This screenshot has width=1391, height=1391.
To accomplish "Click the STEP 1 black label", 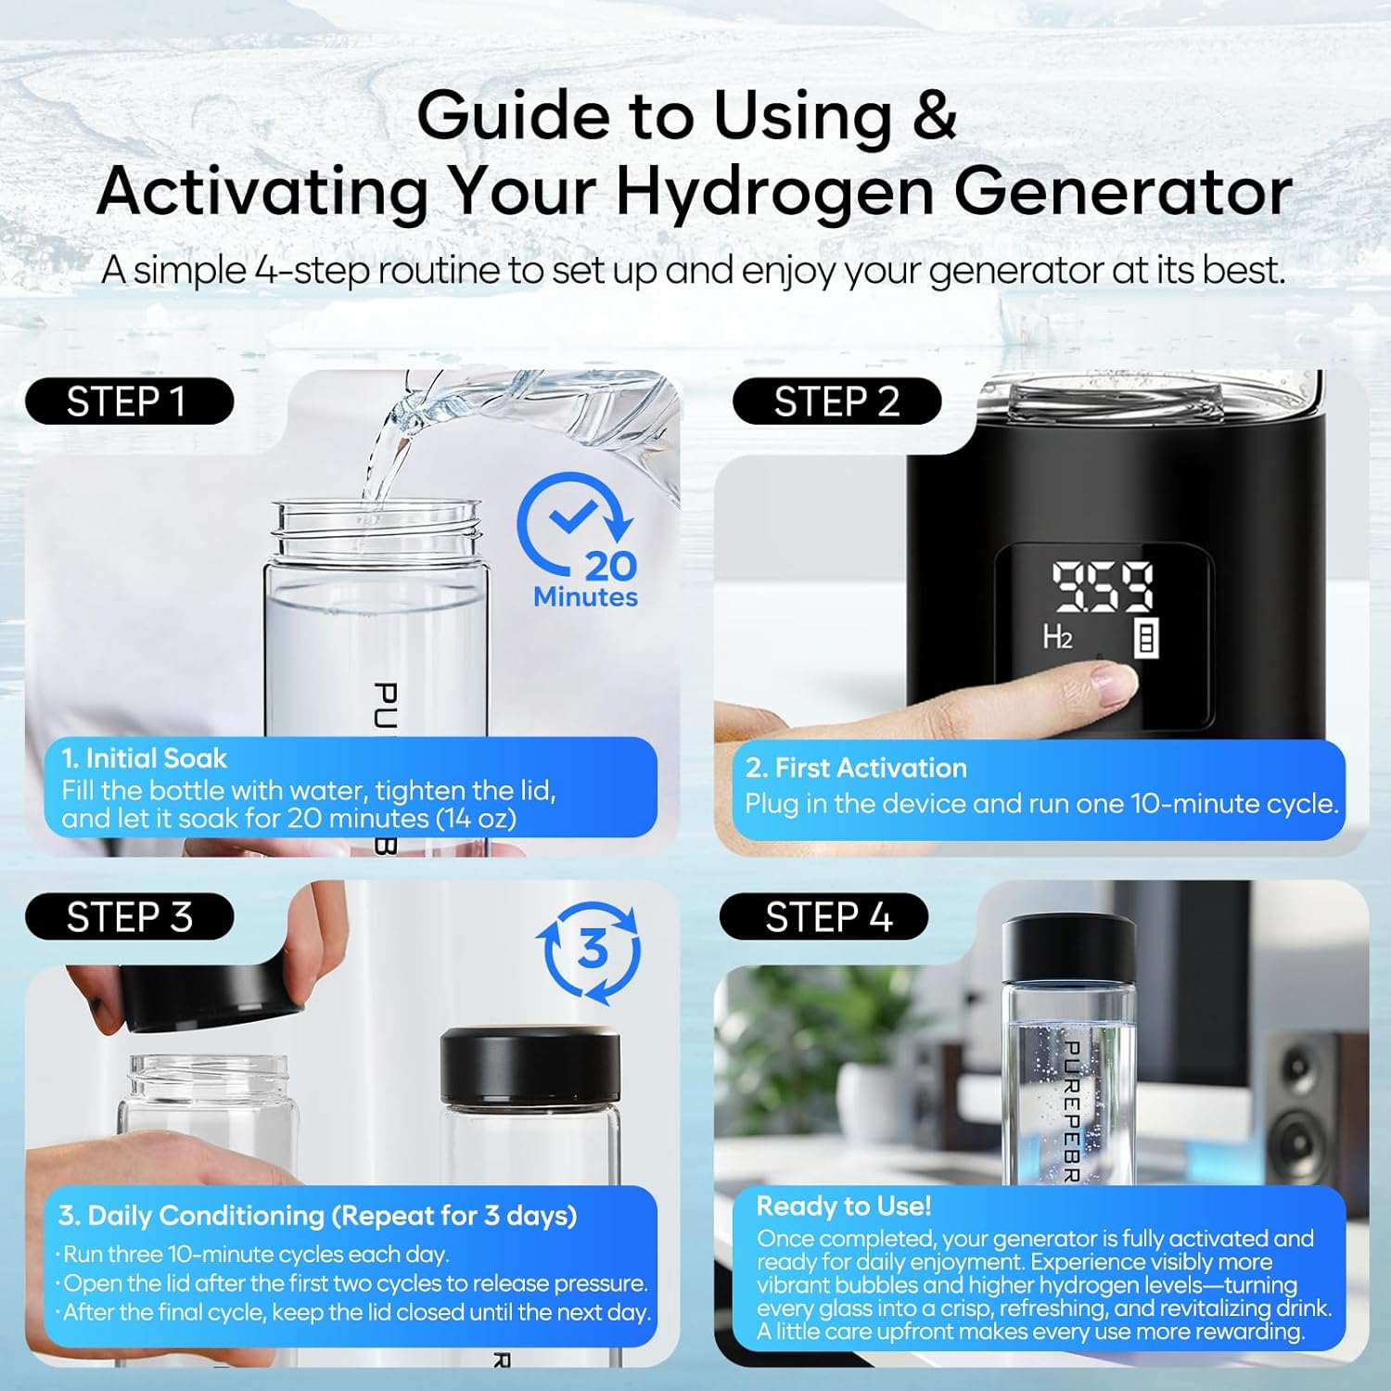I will click(x=129, y=402).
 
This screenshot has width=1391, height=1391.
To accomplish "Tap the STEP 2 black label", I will click(x=836, y=402).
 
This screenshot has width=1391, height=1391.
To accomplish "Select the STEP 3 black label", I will click(x=129, y=917).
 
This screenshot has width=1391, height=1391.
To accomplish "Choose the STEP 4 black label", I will click(x=824, y=917).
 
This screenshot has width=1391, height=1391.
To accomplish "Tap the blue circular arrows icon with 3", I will click(x=590, y=951).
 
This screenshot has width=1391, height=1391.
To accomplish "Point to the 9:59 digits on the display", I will click(x=1102, y=587).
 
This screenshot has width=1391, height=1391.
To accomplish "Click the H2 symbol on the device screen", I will click(x=1057, y=637).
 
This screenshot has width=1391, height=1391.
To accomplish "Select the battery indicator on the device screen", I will click(x=1146, y=639).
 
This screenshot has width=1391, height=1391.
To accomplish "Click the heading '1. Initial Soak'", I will click(x=144, y=759).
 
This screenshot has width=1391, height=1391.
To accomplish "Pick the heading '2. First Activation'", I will click(x=856, y=768).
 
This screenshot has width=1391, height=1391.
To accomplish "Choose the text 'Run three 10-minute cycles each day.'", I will click(x=256, y=1255).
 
